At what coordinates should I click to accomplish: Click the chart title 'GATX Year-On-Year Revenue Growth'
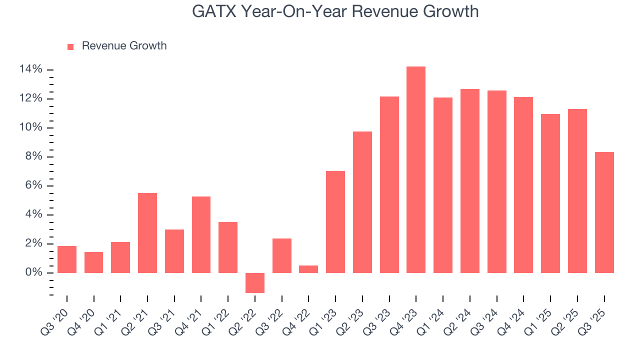[x=335, y=11]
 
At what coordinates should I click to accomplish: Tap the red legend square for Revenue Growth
[x=70, y=46]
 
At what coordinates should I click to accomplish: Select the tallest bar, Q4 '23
[x=416, y=169]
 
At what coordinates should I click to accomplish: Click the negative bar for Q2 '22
[x=255, y=282]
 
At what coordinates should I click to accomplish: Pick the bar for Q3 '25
[x=604, y=212]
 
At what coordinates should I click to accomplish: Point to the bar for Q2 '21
[x=147, y=233]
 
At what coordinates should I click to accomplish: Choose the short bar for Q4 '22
[x=308, y=269]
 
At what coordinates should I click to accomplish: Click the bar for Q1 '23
[x=335, y=222]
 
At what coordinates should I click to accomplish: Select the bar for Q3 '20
[x=67, y=259]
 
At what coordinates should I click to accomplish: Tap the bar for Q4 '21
[x=201, y=234]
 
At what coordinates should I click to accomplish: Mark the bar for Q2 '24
[x=470, y=181]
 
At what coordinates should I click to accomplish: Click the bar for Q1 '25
[x=550, y=193]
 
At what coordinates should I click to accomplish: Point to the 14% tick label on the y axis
[x=31, y=69]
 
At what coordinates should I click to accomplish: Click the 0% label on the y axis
[x=33, y=273]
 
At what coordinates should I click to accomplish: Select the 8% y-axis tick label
[x=33, y=157]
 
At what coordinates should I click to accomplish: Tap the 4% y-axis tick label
[x=33, y=215]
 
